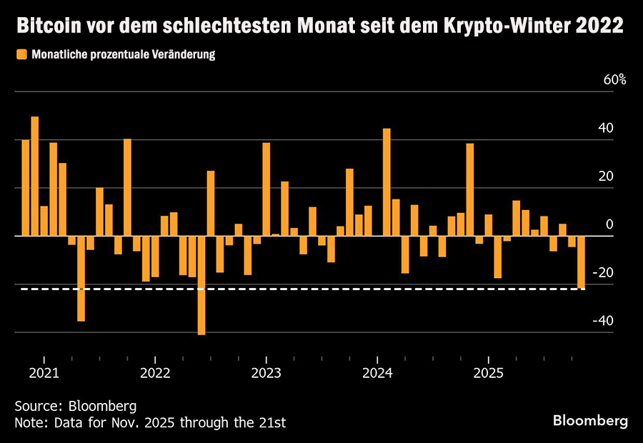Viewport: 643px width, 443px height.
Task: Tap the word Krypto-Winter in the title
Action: (513, 27)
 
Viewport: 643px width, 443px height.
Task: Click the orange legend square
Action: (21, 54)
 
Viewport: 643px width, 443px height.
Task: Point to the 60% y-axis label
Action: (614, 79)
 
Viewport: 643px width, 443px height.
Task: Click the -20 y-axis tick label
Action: (603, 272)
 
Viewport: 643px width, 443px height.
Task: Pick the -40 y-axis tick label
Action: (603, 321)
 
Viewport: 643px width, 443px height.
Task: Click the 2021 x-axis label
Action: (44, 373)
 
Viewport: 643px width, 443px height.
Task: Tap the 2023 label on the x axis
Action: (266, 373)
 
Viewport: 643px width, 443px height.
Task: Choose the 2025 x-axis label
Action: (487, 373)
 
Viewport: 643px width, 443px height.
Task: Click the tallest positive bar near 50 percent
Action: (35, 176)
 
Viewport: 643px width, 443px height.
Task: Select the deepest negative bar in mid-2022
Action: (201, 285)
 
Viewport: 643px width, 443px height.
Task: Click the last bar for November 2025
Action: (581, 262)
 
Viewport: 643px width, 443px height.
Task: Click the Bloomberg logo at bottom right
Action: (590, 419)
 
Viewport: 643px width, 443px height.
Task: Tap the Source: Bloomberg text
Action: (75, 406)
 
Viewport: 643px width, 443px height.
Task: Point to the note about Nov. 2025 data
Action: (150, 422)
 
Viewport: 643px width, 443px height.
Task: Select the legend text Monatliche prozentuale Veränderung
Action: (123, 54)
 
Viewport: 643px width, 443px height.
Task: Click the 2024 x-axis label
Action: (377, 373)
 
